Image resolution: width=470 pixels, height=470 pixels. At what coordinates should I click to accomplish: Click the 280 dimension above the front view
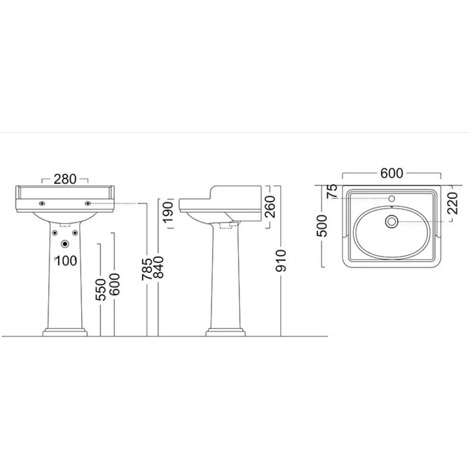(x=65, y=180)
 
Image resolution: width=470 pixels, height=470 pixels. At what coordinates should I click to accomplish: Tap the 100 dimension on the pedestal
(x=66, y=261)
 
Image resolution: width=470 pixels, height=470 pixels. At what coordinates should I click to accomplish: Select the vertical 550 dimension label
(x=101, y=289)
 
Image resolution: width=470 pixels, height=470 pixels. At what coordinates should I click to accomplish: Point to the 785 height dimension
(x=147, y=270)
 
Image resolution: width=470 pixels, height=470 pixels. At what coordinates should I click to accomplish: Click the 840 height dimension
(x=158, y=267)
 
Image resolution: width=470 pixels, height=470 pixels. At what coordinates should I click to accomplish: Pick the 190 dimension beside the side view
(x=168, y=212)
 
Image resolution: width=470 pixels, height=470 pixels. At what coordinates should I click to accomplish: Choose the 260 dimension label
(x=270, y=207)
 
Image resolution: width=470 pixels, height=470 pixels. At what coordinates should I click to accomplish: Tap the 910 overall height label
(x=281, y=261)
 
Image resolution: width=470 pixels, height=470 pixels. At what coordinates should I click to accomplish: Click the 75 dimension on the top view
(x=332, y=191)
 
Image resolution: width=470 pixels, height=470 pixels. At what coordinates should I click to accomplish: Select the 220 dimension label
(x=453, y=203)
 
